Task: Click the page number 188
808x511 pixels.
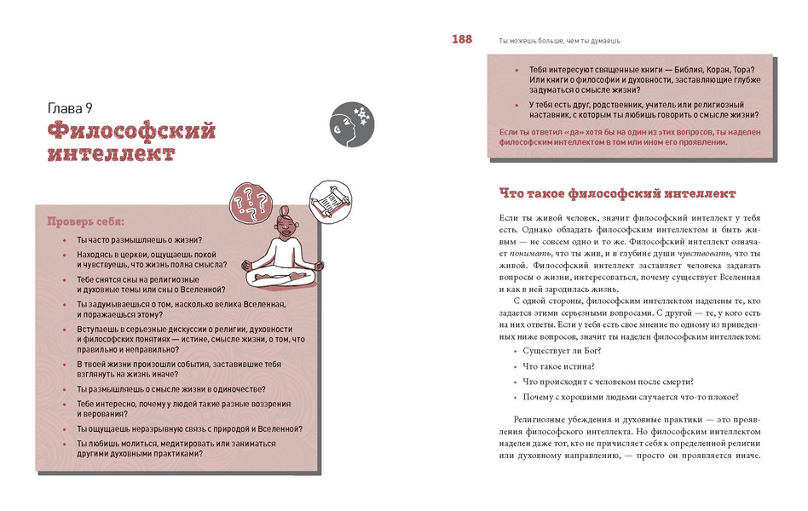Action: (x=462, y=39)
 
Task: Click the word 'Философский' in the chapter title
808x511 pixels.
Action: (x=131, y=131)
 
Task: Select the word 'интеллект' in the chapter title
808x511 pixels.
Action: (x=112, y=154)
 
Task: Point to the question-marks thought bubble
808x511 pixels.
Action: (x=251, y=202)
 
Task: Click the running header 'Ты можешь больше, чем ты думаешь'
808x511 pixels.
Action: (x=558, y=40)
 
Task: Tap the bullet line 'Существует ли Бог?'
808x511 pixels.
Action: (x=563, y=350)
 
